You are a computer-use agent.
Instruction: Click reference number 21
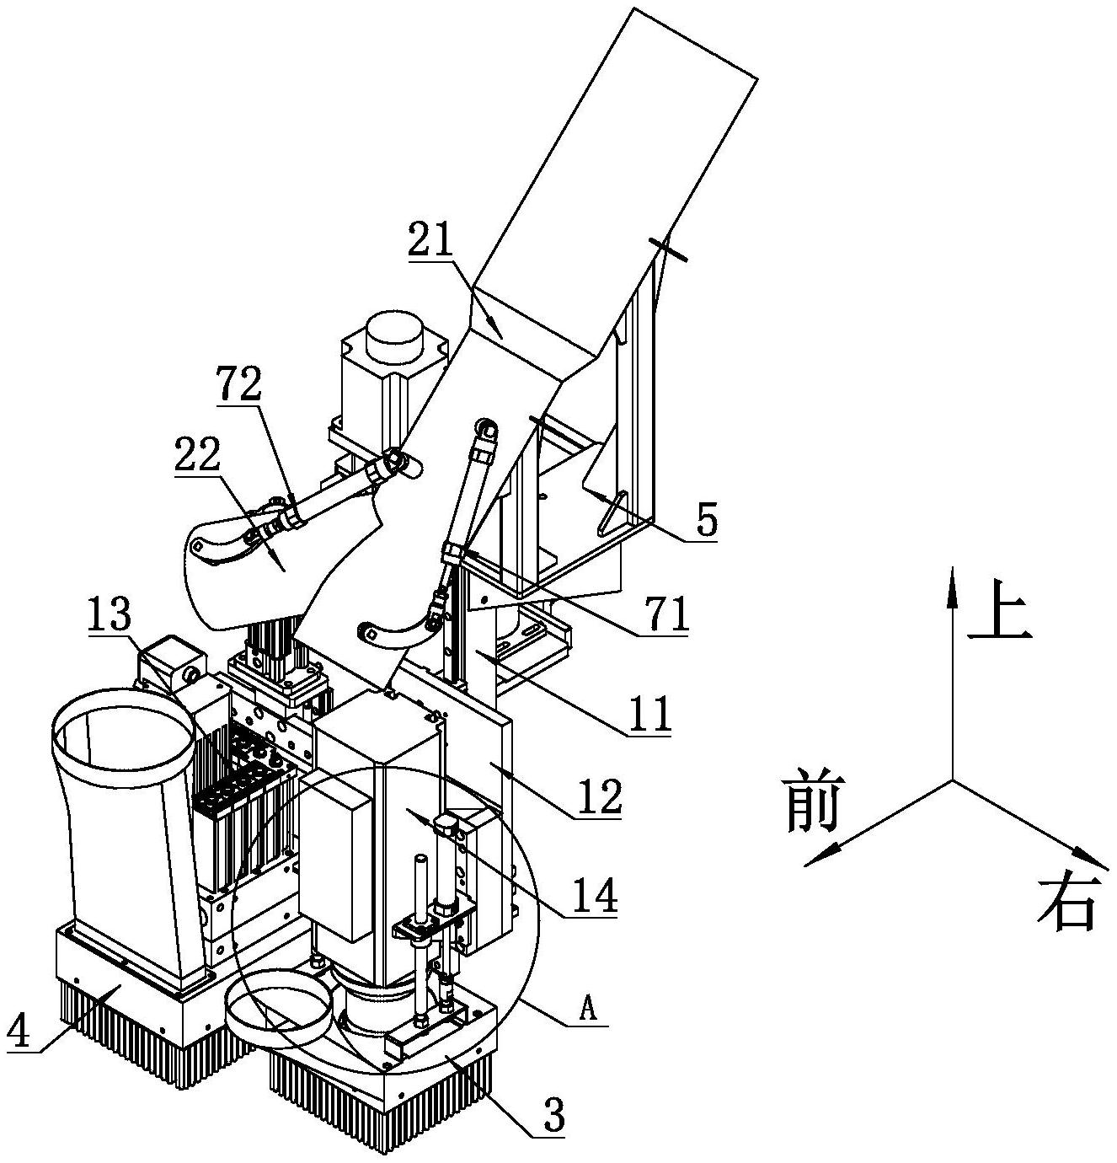(x=432, y=238)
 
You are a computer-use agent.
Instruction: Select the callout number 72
(x=239, y=383)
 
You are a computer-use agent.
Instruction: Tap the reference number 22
(x=198, y=456)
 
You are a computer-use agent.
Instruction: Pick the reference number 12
(x=601, y=796)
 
